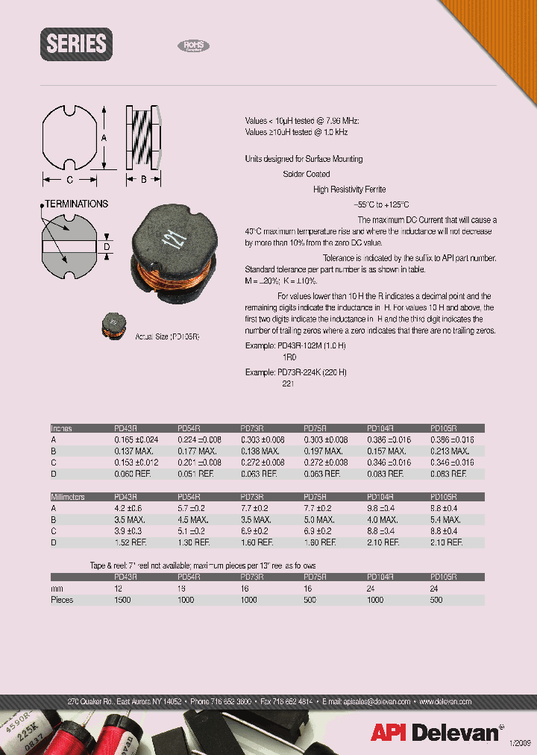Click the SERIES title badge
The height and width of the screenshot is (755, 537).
click(76, 44)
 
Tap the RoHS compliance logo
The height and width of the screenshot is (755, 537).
click(193, 46)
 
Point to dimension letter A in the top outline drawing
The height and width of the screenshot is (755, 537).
click(104, 138)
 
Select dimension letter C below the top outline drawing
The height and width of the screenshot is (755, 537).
click(69, 179)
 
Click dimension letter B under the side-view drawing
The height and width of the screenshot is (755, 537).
click(142, 179)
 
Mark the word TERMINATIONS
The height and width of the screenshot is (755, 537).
click(76, 204)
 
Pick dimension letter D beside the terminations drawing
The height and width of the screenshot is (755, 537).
click(106, 246)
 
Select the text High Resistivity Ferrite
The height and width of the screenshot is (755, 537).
click(349, 189)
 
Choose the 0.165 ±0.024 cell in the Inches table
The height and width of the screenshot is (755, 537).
click(136, 440)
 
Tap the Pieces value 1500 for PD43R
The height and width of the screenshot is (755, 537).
click(122, 600)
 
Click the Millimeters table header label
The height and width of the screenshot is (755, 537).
click(68, 497)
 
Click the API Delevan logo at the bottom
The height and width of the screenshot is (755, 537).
click(436, 733)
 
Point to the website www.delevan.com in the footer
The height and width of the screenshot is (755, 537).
click(445, 701)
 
